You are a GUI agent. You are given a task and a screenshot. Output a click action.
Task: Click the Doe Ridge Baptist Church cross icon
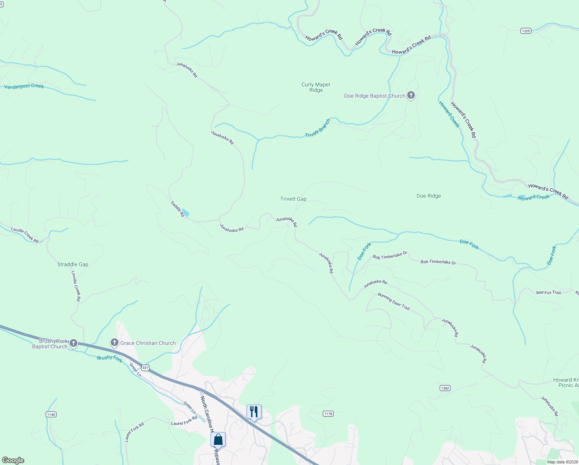(x=411, y=95)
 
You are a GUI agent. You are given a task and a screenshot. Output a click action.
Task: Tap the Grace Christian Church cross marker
(x=114, y=343)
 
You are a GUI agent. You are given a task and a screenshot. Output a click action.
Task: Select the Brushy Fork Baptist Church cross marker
(x=74, y=343)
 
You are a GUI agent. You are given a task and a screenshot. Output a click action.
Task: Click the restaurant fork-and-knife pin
(x=254, y=412)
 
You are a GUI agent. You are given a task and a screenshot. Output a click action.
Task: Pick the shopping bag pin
(x=218, y=439)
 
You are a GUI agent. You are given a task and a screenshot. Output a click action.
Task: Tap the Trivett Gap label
(x=293, y=199)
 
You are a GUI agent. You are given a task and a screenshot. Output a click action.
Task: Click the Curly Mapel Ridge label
(x=316, y=87)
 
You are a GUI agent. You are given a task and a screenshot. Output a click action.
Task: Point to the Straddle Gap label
(x=73, y=264)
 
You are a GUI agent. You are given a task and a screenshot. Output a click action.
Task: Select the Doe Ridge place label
(x=428, y=196)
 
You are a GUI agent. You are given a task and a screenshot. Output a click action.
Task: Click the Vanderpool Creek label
(x=24, y=86)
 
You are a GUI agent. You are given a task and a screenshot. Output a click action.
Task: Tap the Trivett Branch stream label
(x=318, y=128)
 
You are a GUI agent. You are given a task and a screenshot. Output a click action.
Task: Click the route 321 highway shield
(x=145, y=367)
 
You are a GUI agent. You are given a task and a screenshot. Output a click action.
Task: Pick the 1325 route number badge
(x=526, y=31)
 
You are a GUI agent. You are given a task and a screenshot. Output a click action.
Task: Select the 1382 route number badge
(x=445, y=388)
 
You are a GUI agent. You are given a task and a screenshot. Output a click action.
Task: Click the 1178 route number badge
(x=328, y=414)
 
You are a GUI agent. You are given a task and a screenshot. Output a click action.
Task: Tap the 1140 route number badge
(x=51, y=414)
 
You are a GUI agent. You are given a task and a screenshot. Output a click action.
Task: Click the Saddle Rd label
(x=177, y=208)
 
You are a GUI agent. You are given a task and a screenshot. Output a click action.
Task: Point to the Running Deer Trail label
(x=394, y=301)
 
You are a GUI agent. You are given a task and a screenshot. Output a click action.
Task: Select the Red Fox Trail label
(x=548, y=293)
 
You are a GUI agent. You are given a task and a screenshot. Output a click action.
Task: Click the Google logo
(x=13, y=460)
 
